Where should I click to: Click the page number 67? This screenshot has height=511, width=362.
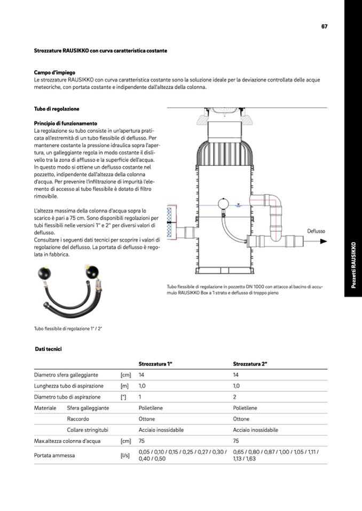[324, 26]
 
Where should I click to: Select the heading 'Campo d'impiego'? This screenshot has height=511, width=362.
[54, 72]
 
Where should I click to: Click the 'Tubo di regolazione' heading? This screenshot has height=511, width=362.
[57, 109]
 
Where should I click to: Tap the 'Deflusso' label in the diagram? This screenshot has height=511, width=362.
[316, 231]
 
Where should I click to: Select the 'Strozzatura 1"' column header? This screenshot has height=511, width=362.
[155, 364]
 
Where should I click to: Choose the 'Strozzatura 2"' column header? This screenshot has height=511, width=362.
[250, 364]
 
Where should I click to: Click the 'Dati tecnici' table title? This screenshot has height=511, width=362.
[49, 349]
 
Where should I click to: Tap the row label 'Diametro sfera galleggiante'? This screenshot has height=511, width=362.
[66, 375]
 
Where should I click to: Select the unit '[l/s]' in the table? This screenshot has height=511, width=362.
[125, 456]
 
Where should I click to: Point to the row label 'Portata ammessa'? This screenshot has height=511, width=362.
[54, 456]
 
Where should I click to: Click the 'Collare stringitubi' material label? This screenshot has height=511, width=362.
[88, 430]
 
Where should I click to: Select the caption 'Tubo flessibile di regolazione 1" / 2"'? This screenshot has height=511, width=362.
[68, 328]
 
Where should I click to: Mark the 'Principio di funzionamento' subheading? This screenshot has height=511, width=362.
[66, 123]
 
